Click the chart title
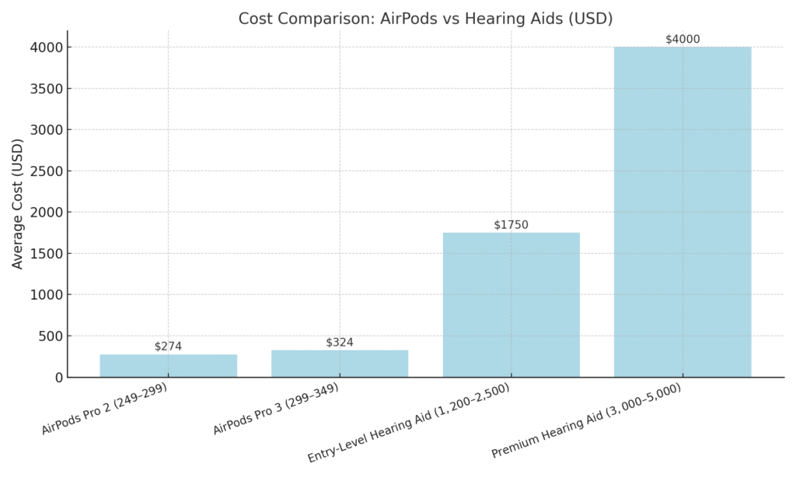425,18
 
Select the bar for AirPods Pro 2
168,366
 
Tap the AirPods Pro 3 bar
340,364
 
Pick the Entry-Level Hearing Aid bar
511,305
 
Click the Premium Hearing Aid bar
683,212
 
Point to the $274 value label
168,346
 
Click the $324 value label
340,343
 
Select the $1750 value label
511,225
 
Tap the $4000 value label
683,40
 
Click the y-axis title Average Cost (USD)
18,204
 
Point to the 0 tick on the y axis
58,378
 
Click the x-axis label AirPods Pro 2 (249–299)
104,409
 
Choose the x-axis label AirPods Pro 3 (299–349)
275,409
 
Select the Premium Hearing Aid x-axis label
586,421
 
